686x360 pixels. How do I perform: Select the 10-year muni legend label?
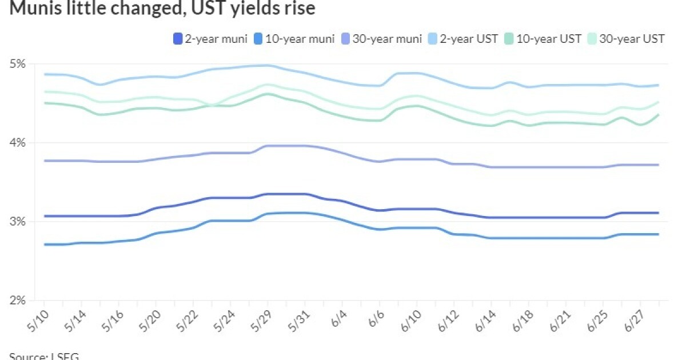coord(297,39)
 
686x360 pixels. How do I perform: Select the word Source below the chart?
coord(26,356)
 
